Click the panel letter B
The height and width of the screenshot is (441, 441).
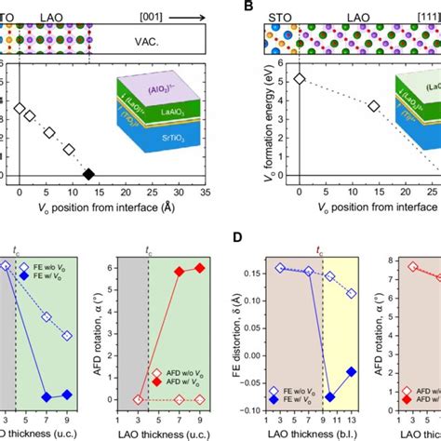tap(247, 7)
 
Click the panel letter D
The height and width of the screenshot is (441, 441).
tap(247, 243)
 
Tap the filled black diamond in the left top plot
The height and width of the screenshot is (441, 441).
tap(88, 174)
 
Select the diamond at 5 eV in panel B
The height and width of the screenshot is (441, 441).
tap(299, 79)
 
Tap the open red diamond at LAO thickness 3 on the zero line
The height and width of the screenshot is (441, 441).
tap(138, 399)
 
